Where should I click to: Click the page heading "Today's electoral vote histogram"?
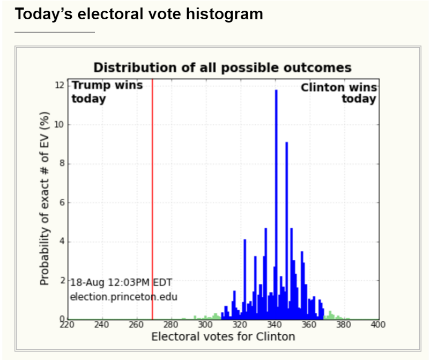139,14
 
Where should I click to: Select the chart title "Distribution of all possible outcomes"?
223,67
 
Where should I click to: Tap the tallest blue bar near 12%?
276,204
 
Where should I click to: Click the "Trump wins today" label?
107,92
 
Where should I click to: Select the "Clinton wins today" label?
339,93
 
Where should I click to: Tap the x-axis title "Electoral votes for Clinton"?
223,336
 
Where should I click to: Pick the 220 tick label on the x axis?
67,325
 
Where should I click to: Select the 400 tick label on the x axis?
378,325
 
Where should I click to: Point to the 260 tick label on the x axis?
136,325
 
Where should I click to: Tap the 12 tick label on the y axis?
60,86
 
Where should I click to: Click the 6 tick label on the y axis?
62,202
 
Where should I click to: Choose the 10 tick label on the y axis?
60,125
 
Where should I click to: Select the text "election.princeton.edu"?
124,296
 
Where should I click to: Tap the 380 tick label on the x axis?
344,325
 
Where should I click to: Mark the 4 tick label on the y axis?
62,242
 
